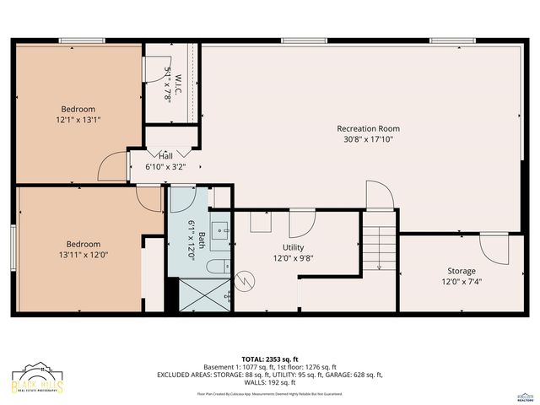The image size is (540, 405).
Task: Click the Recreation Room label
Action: pos(368,128)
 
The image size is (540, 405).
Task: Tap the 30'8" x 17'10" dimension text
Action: pos(368,139)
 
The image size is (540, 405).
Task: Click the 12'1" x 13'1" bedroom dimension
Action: pos(78,120)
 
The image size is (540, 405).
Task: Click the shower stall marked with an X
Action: pos(198,297)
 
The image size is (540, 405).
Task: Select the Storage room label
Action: pos(461,271)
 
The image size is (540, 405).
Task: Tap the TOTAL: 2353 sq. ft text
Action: pos(269,359)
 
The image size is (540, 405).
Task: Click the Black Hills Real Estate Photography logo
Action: pos(38,381)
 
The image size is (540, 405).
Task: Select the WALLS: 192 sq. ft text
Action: pos(269,382)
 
